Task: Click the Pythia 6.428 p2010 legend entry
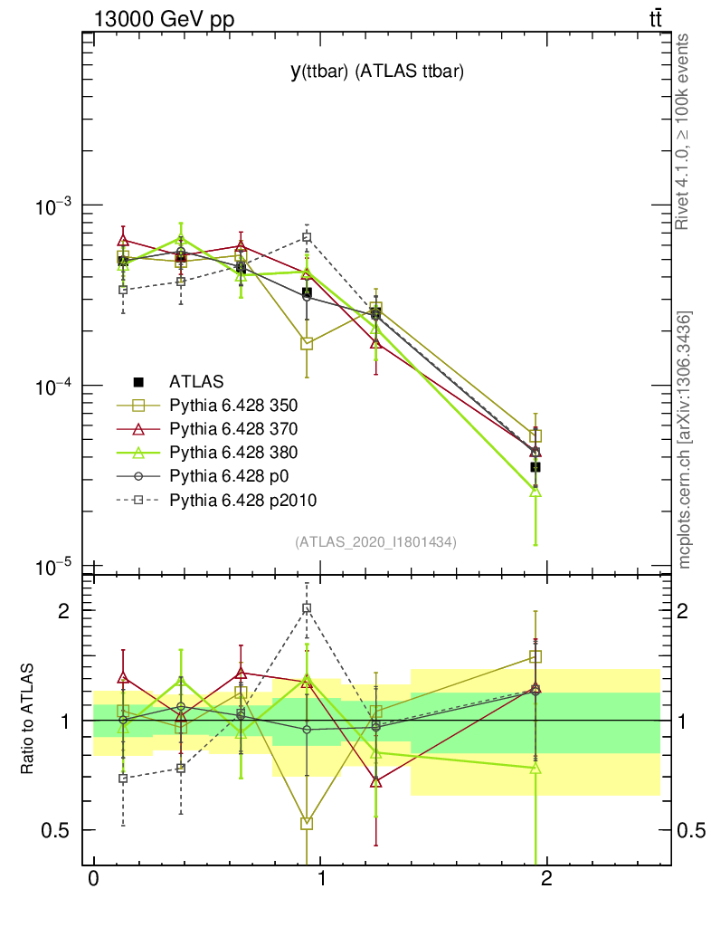tap(234, 499)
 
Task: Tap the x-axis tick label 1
tap(320, 877)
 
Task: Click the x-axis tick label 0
tap(93, 877)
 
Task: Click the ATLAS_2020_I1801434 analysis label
tap(375, 542)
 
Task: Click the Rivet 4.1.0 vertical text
tap(684, 132)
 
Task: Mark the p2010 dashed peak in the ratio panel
tap(307, 608)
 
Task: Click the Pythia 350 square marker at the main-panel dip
tap(307, 343)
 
